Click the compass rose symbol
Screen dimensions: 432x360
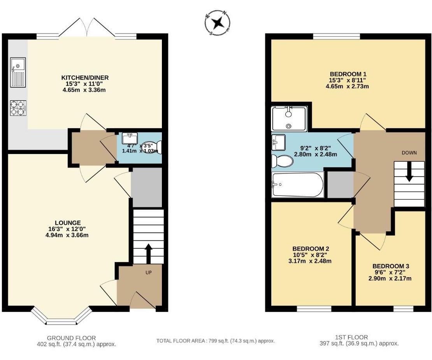click(x=218, y=23)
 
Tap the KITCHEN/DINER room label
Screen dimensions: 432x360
click(x=85, y=78)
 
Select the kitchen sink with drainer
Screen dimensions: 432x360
click(x=18, y=72)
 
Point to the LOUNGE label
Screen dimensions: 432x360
click(x=68, y=223)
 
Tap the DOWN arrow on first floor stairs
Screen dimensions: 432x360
click(x=409, y=171)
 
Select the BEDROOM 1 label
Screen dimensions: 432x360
click(x=348, y=74)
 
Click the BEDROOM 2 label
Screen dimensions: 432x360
click(x=311, y=249)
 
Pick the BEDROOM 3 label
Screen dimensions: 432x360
click(x=391, y=266)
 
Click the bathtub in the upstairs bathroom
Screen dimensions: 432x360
click(x=298, y=185)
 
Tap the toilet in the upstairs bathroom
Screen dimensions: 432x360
click(x=282, y=161)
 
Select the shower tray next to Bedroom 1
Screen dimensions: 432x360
click(x=289, y=119)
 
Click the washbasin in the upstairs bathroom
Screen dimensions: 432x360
click(x=278, y=142)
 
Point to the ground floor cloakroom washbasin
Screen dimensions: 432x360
click(x=130, y=138)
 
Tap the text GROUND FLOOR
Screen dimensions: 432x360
click(x=71, y=338)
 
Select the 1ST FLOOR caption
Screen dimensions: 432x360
click(x=351, y=337)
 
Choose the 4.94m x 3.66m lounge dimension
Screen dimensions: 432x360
click(x=67, y=235)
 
